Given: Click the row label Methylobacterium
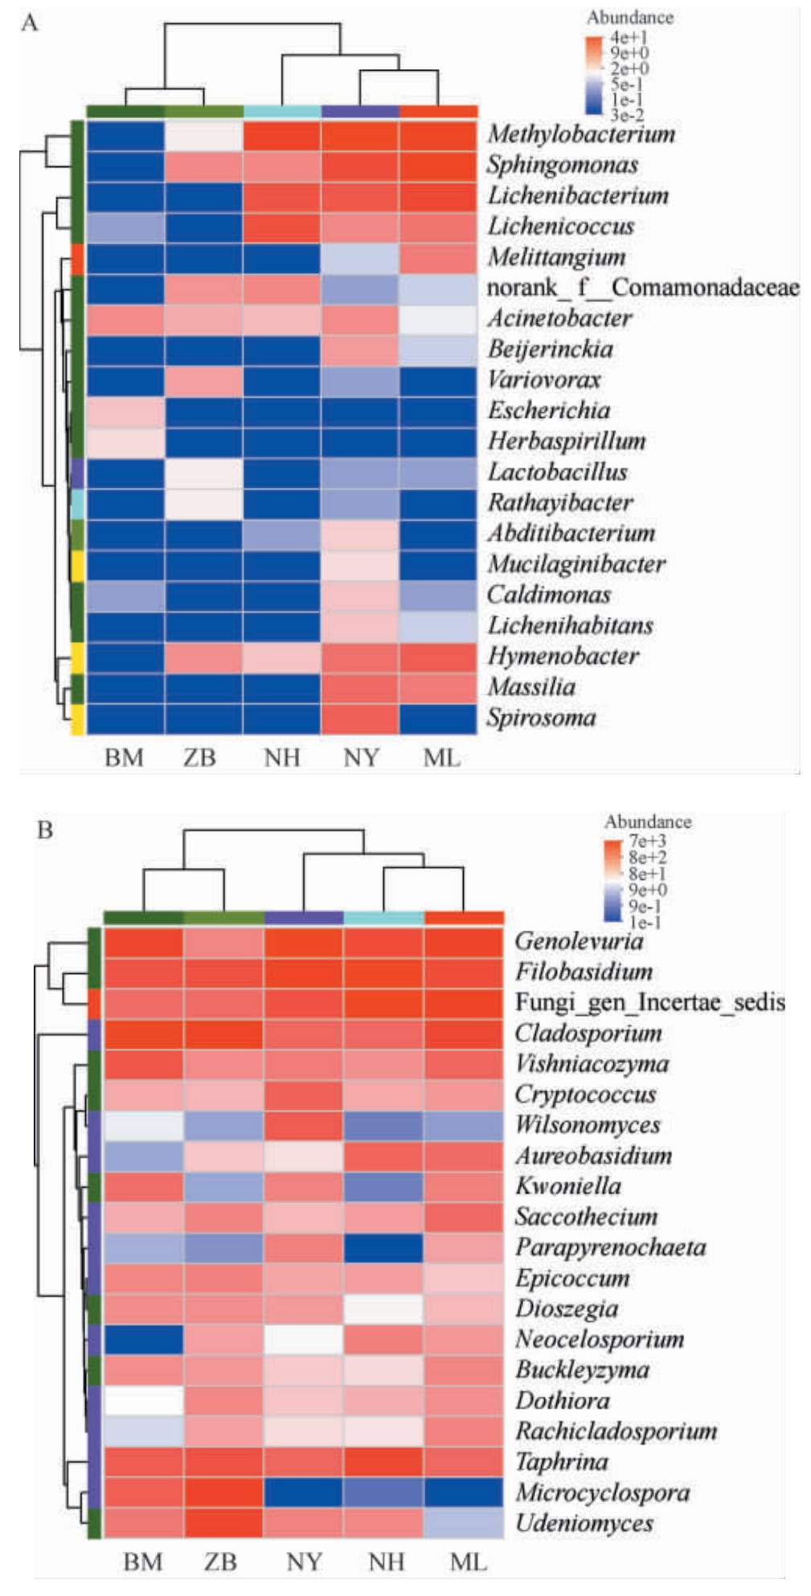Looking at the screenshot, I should tap(581, 134).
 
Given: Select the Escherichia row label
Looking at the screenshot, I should tap(549, 411).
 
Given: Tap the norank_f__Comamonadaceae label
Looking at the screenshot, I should tap(642, 288).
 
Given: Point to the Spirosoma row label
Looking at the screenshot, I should tap(541, 718).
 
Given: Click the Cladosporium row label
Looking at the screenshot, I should tap(588, 1033).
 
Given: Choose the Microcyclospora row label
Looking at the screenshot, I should tap(602, 1493).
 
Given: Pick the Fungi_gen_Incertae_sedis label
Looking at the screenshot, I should tap(649, 1003).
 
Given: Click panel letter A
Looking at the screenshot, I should tap(30, 23).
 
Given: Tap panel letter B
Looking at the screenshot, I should tap(45, 829).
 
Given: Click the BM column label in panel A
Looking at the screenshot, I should tap(124, 758).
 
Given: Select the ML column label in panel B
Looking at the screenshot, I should tap(468, 1562).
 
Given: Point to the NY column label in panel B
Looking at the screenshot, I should tap(304, 1562).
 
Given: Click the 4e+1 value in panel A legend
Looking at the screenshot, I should tap(629, 38).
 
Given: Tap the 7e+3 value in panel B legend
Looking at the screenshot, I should tap(647, 841).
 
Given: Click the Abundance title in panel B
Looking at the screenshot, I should tap(647, 822).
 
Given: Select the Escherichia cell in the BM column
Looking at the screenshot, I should tap(125, 411).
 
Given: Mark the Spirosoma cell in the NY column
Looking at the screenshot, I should tap(359, 718).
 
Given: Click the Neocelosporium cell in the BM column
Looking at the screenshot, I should tap(144, 1340).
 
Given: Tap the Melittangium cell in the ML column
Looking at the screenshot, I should tap(438, 257).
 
